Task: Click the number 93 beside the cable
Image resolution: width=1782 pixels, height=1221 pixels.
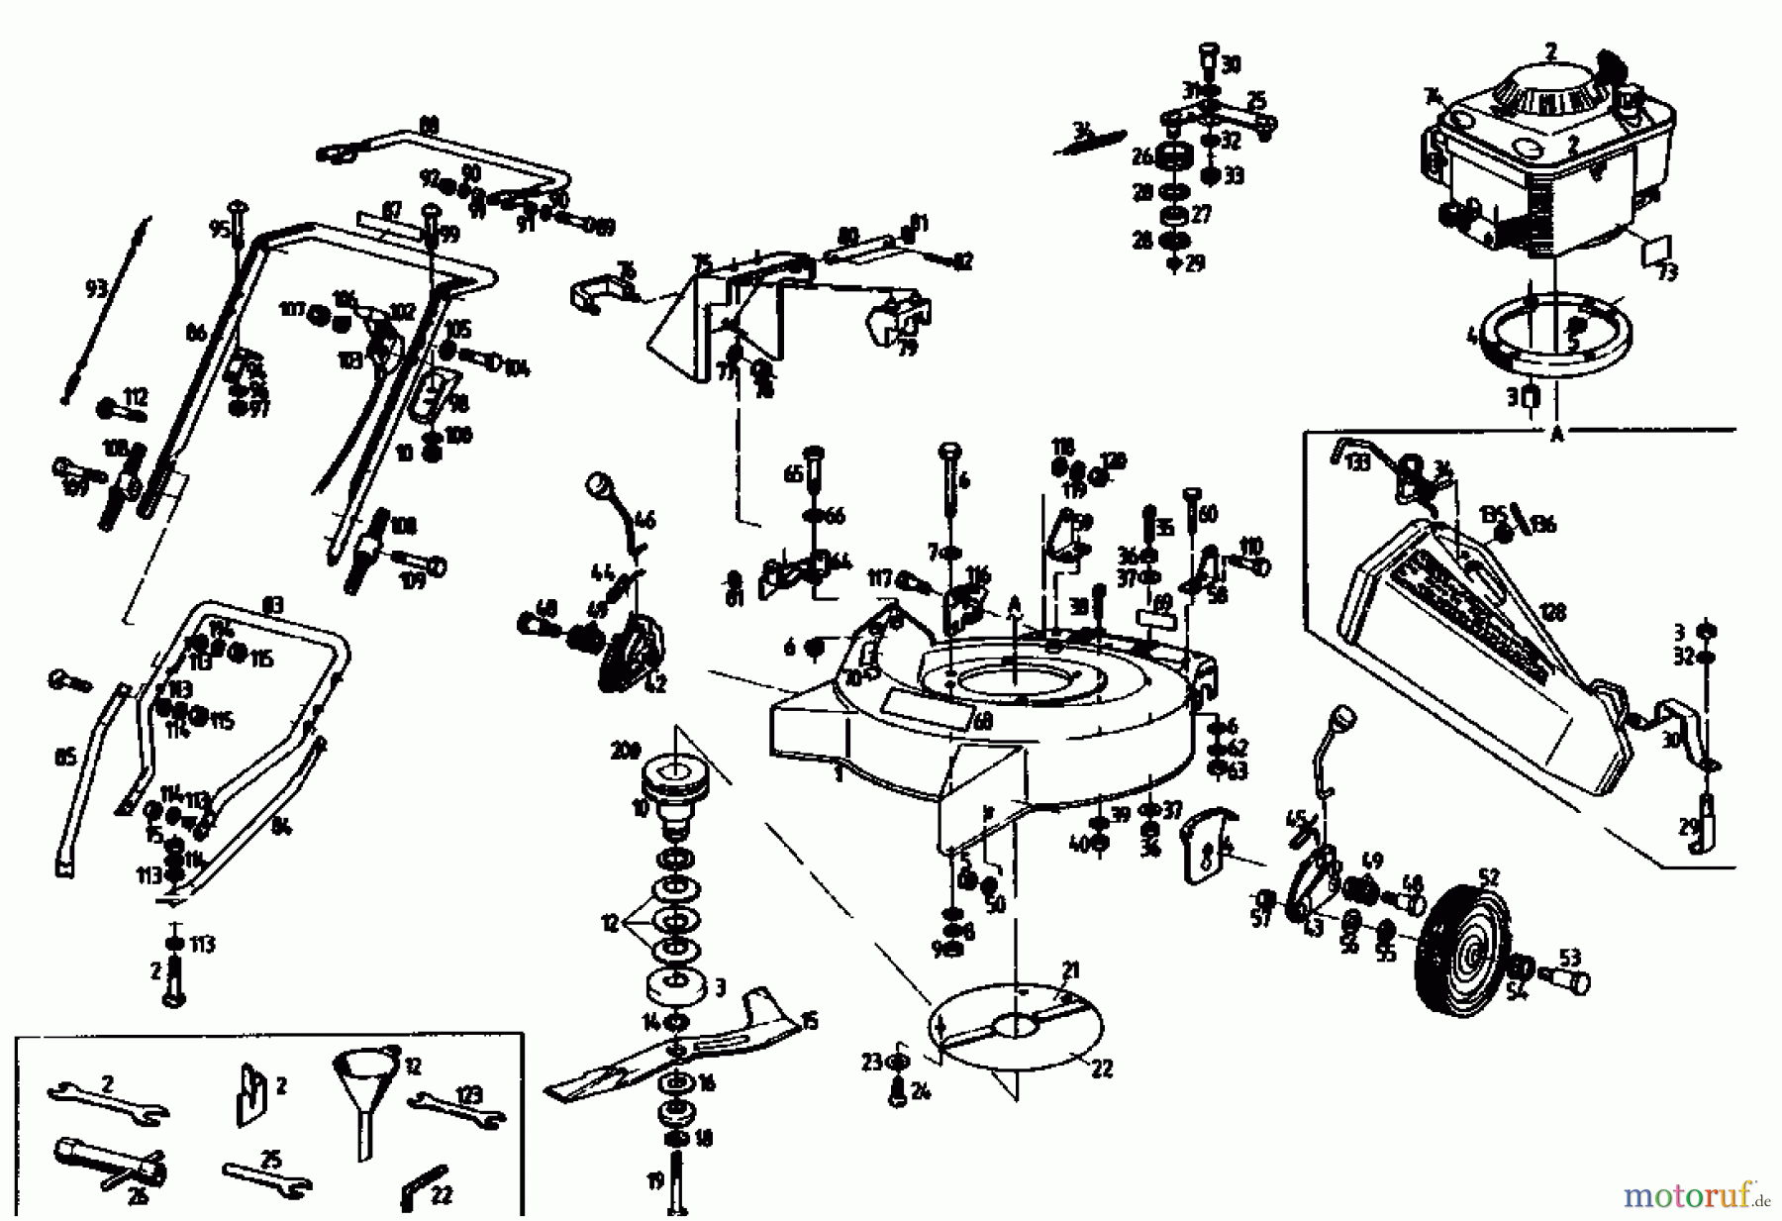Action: (95, 288)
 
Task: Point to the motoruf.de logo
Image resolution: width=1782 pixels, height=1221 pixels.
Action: (1694, 1196)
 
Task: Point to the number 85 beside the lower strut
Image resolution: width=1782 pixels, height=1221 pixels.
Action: (65, 760)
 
